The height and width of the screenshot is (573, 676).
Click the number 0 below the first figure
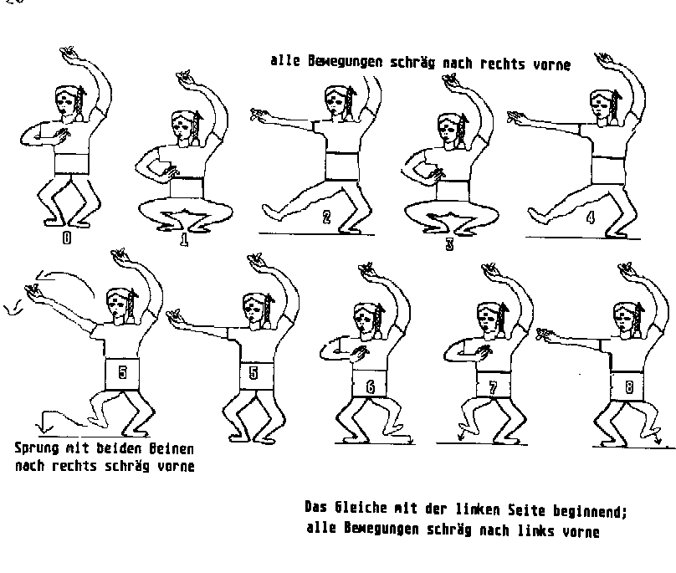point(67,238)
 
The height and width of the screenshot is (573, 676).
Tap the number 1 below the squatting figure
point(184,240)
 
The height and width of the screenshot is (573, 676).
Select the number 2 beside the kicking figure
point(326,217)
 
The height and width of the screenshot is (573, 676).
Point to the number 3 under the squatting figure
point(449,244)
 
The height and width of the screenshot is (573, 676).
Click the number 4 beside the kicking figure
point(591,217)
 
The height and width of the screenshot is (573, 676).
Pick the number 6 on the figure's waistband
point(371,387)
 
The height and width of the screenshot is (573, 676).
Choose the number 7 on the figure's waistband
point(494,388)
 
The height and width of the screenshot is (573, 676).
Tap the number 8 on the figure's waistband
point(629,387)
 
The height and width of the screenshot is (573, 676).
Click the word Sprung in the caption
point(37,448)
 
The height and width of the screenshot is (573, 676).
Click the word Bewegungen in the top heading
point(345,62)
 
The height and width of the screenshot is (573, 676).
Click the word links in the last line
point(536,530)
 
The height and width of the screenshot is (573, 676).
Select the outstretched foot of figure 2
point(273,212)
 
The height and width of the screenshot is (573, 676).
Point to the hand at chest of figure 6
point(359,355)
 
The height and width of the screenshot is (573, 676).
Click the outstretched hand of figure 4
point(517,116)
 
